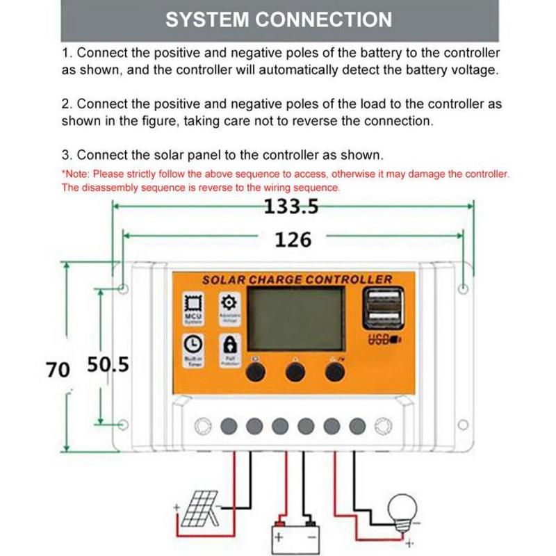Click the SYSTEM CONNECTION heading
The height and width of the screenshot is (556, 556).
click(278, 19)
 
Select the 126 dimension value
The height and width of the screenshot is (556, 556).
click(293, 239)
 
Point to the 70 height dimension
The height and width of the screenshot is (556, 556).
click(58, 369)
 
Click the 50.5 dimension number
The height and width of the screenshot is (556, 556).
click(108, 365)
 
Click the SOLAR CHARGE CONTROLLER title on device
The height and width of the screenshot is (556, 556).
click(297, 279)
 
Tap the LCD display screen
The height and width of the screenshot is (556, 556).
click(296, 319)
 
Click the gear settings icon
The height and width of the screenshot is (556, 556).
click(229, 302)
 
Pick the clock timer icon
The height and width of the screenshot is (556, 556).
click(193, 344)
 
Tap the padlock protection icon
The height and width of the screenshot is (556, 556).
click(229, 344)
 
